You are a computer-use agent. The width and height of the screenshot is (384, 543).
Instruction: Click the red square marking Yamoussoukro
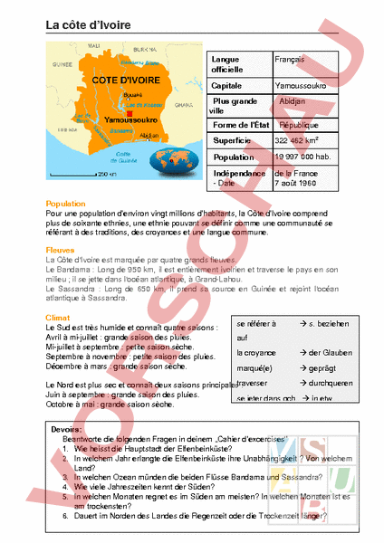pos(118,113)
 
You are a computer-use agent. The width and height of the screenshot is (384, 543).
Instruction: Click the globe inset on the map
pos(179,165)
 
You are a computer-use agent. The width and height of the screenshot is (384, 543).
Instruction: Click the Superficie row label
pos(231,141)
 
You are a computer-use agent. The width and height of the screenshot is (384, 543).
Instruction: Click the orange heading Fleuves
pos(61,250)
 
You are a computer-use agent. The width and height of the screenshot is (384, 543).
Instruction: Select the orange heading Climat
pos(58,318)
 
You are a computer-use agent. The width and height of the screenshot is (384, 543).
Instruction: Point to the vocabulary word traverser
pos(254,383)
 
